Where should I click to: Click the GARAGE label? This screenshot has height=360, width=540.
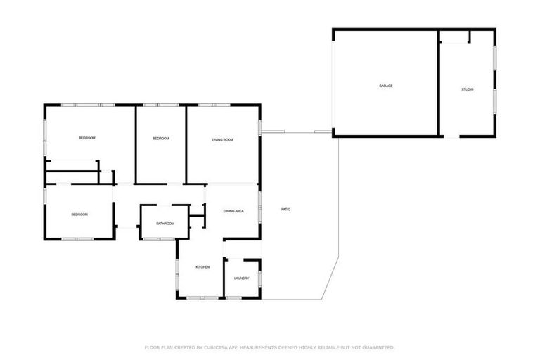coord(385,86)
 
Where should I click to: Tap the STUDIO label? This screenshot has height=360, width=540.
coord(467,89)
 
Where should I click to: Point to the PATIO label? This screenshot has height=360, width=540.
coord(286,210)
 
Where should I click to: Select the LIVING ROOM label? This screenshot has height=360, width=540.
coord(223,140)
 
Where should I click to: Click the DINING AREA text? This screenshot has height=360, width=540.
coord(233,211)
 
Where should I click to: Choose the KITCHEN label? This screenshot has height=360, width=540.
coord(202,267)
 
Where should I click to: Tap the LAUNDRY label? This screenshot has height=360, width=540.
coord(242,278)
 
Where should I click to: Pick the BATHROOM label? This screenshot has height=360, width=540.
coord(165,224)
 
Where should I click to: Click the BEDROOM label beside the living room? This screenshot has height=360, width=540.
coord(161,139)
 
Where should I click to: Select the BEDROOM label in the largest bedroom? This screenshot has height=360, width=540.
coord(86,138)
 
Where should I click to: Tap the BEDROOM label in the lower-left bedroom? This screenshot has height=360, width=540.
coord(79,214)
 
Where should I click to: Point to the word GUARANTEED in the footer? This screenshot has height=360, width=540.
coord(377,347)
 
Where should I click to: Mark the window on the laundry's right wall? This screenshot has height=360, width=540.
coord(259,278)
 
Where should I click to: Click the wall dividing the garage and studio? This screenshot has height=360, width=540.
coord(439,83)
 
